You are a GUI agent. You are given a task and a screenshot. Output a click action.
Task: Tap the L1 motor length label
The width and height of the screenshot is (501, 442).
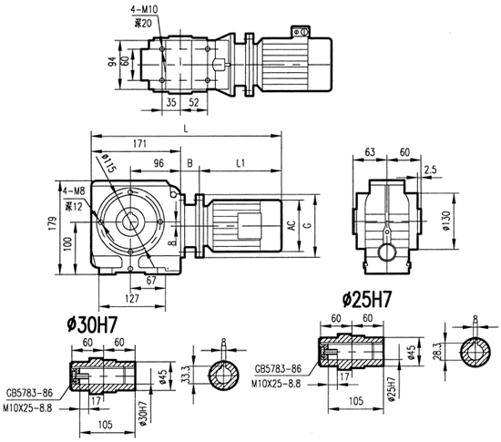point(239,163)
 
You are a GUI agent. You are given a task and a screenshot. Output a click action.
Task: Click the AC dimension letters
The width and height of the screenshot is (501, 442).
point(293,228)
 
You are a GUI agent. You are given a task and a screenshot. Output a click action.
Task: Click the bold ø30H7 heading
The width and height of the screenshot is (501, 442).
point(96,324)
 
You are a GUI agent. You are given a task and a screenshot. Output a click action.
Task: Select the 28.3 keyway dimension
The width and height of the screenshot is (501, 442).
point(441,352)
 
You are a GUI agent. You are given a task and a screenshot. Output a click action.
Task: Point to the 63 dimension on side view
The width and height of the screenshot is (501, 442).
point(371,152)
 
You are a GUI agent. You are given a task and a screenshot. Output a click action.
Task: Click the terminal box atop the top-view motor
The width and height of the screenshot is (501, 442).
point(298,32)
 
